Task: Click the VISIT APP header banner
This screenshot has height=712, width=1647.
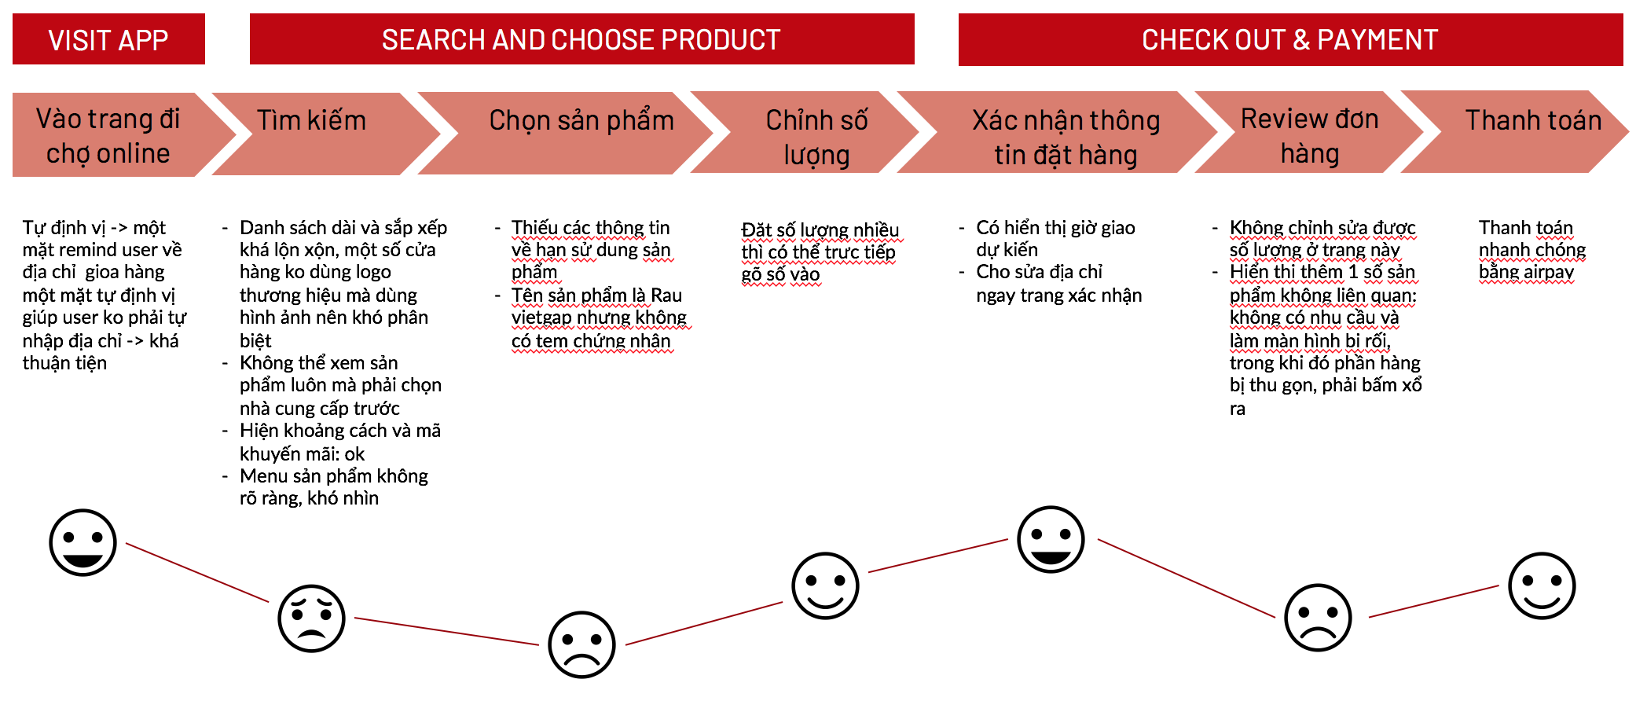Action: pos(108,39)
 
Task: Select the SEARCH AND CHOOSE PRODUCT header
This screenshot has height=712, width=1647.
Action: pos(581,39)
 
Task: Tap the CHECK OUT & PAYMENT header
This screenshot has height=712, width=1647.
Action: pos(1290,39)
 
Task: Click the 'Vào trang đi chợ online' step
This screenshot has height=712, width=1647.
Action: pos(108,135)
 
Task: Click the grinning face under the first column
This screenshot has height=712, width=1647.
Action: pos(83,542)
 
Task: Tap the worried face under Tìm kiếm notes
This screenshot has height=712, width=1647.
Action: pos(311,618)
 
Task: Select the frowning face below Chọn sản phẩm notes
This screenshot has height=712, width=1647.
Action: pos(581,644)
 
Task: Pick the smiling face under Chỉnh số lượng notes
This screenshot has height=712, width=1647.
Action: pos(825,585)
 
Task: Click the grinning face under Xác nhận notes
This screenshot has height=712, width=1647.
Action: pos(1051,539)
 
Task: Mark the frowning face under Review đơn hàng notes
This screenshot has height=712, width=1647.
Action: pos(1318,617)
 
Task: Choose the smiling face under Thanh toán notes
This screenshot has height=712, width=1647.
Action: pos(1542,585)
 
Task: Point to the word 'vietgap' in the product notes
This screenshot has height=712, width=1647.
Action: pos(541,317)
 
